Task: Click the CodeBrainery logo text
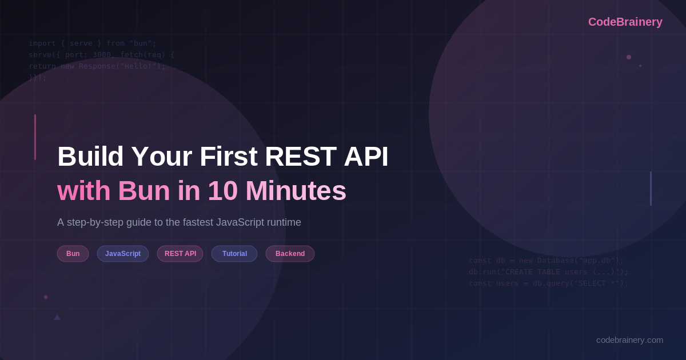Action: coord(625,22)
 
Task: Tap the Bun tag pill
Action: coord(73,254)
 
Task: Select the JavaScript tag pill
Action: coord(123,254)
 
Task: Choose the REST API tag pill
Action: coord(180,254)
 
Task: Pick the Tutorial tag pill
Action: coord(234,254)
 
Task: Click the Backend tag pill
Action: coord(290,254)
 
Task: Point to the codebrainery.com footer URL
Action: coord(629,339)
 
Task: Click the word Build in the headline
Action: coord(90,157)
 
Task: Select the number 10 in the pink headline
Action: coord(223,191)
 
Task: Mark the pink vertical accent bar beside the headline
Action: coord(35,137)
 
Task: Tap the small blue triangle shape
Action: coord(57,317)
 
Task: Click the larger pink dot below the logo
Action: coord(629,57)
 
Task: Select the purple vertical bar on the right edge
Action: coord(651,189)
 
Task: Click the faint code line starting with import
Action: coord(92,43)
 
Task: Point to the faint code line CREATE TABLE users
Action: coord(548,272)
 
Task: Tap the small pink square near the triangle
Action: coord(46,297)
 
